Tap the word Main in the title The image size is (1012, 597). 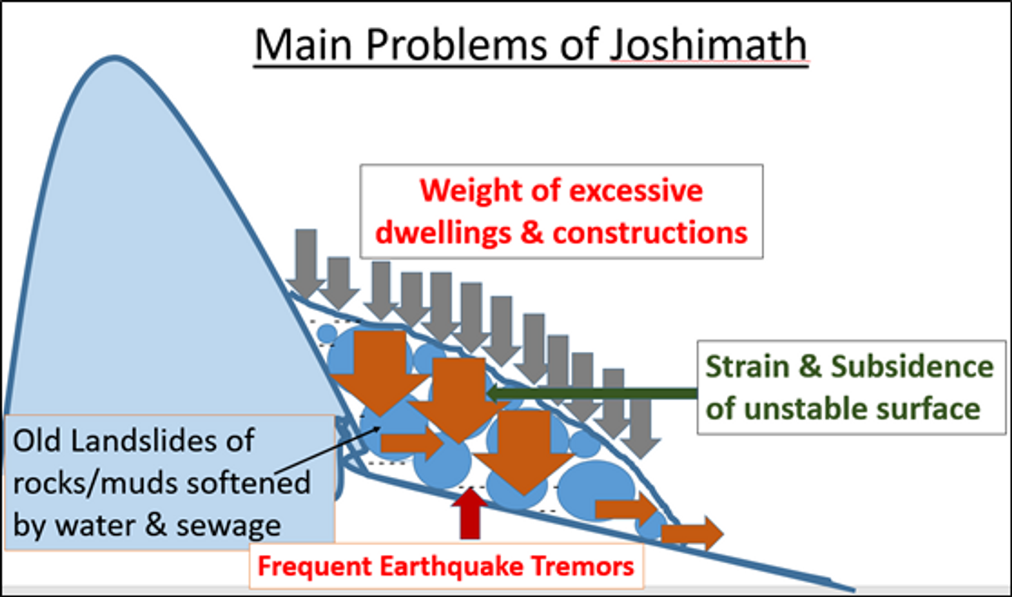pyautogui.click(x=303, y=45)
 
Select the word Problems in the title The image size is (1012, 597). pyautogui.click(x=457, y=45)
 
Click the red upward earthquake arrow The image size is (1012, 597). pyautogui.click(x=470, y=514)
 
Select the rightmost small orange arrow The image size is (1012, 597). pyautogui.click(x=692, y=534)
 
